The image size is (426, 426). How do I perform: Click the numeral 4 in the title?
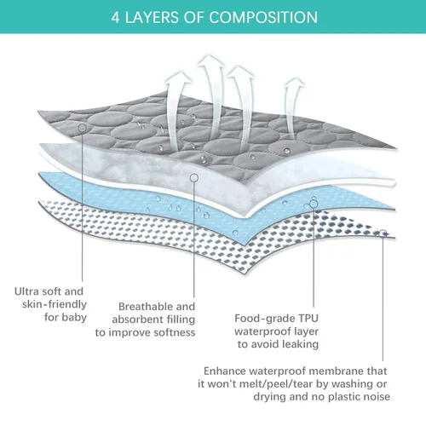click(x=115, y=18)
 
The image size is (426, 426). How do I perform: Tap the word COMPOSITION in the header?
click(x=263, y=17)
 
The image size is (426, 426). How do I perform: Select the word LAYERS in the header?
click(x=152, y=17)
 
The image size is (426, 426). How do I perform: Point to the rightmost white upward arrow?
click(x=293, y=108)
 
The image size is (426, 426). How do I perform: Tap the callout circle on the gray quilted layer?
click(x=83, y=128)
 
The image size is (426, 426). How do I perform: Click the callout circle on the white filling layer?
click(x=194, y=178)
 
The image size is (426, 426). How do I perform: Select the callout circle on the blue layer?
click(x=314, y=204)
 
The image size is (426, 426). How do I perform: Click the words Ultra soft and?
click(x=49, y=291)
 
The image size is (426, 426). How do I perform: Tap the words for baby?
click(x=66, y=317)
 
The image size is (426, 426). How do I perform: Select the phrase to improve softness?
click(x=145, y=332)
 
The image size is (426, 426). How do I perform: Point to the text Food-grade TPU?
click(x=276, y=319)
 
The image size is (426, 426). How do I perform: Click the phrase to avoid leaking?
click(x=278, y=344)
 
